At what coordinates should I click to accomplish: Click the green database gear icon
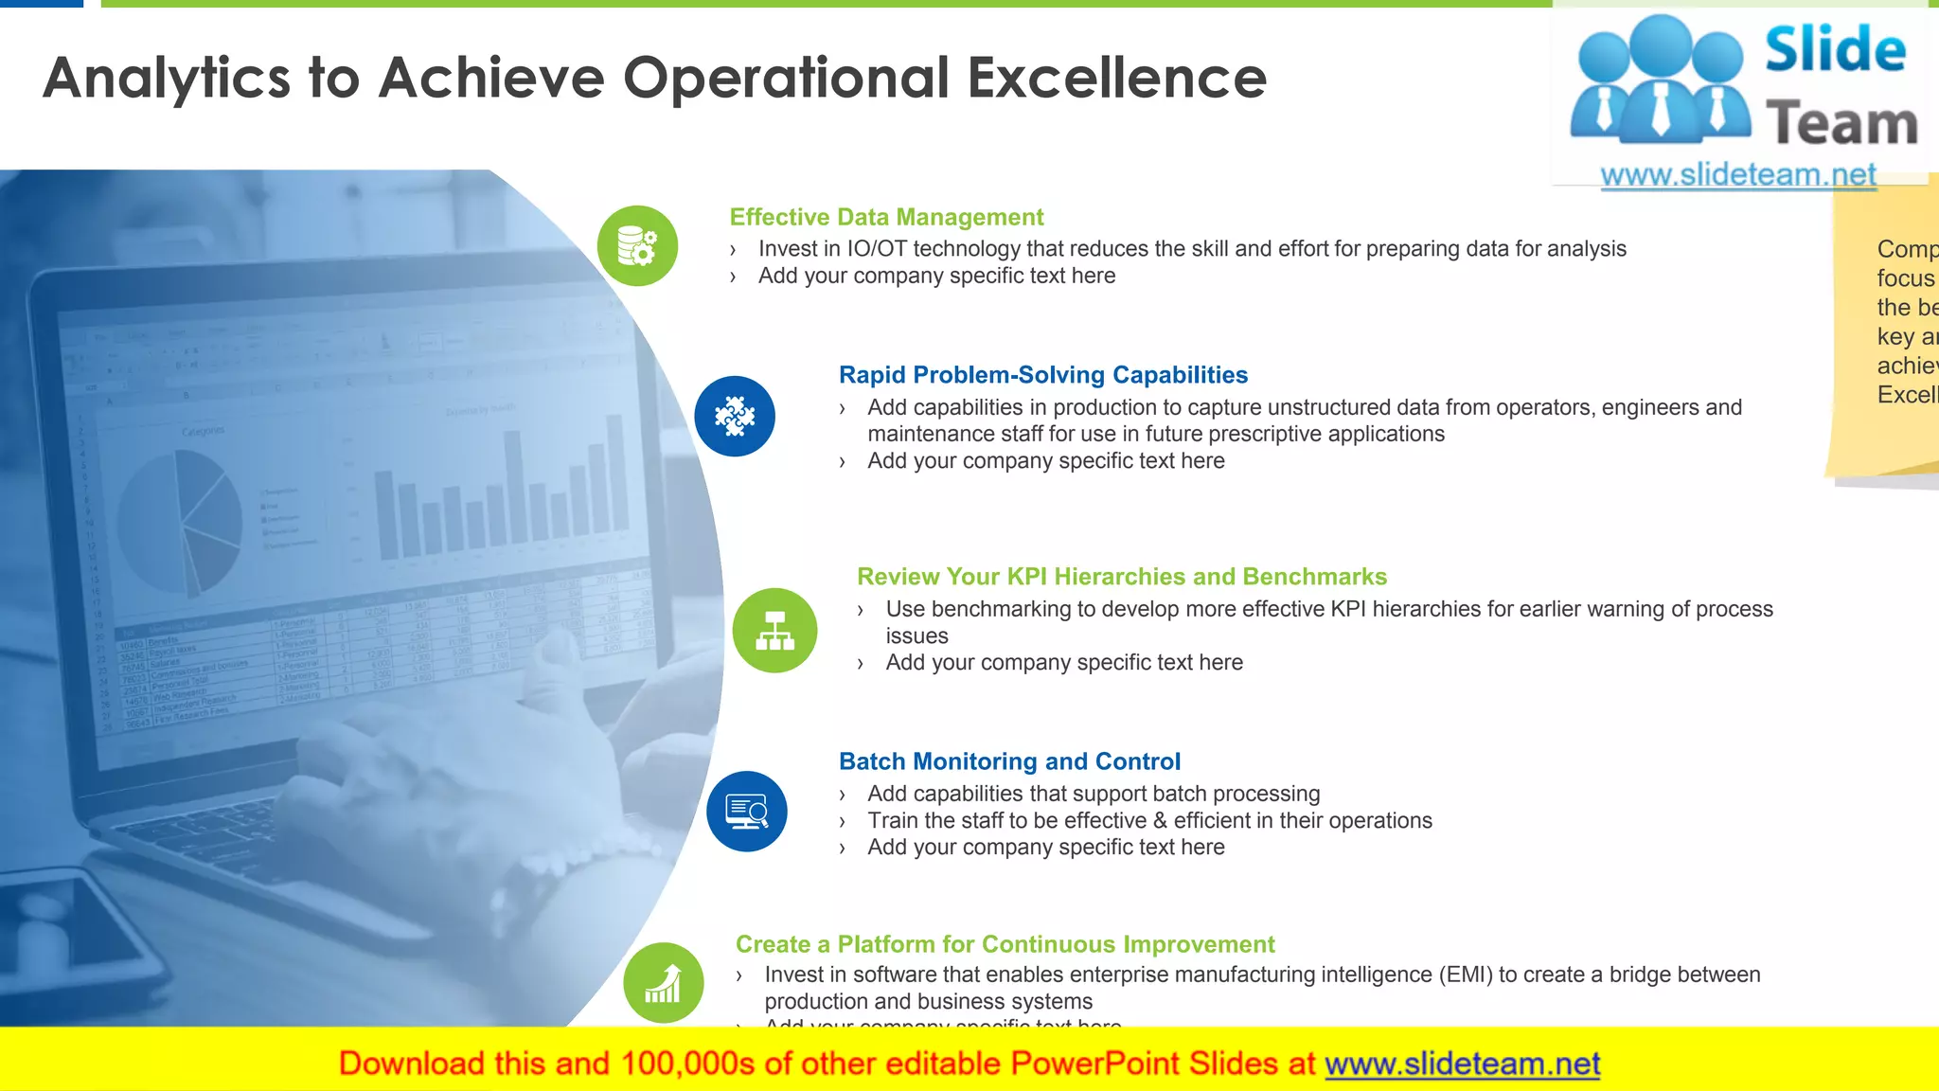pos(637,246)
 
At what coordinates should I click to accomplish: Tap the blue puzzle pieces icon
pos(735,417)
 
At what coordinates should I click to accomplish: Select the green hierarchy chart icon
pos(774,631)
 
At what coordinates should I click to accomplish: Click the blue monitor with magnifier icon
pos(746,812)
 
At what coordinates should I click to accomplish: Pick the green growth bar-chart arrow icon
pos(663,983)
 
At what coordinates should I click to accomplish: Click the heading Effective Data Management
pos(886,217)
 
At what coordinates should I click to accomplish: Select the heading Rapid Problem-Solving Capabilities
pos(1042,375)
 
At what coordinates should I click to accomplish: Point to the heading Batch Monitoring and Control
pos(1009,761)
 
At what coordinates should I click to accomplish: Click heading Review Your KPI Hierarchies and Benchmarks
pos(1121,577)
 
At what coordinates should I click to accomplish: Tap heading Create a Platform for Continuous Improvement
pos(1005,944)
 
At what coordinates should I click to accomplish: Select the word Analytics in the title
pos(167,78)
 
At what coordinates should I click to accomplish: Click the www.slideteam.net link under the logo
pos(1737,175)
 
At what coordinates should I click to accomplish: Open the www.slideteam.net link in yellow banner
pos(1462,1064)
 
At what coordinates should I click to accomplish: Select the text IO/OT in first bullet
pos(876,249)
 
